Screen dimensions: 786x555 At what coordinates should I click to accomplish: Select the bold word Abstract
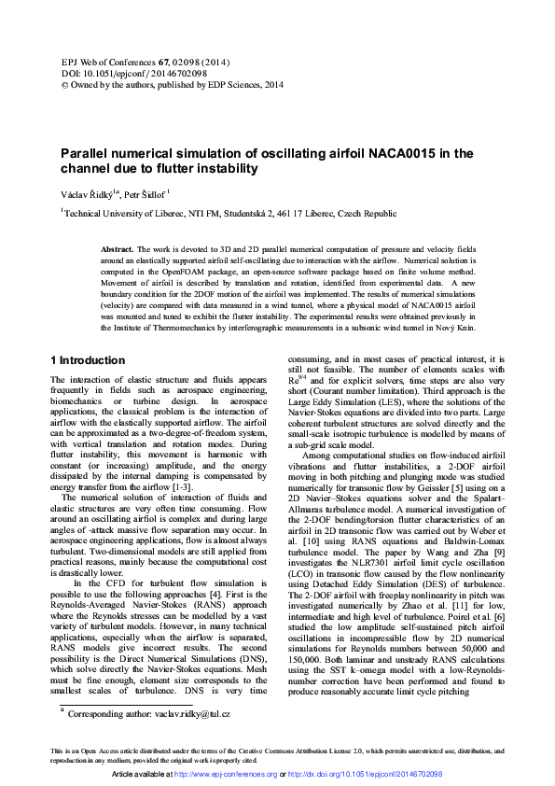[x=117, y=250]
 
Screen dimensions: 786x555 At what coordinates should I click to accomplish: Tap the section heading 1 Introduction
[x=87, y=360]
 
